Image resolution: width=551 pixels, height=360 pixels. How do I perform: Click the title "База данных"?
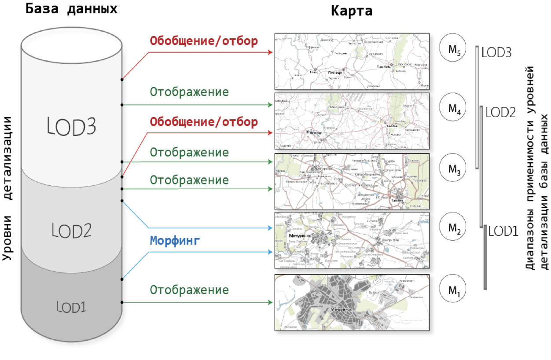pyautogui.click(x=71, y=9)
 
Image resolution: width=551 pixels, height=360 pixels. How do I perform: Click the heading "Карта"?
pyautogui.click(x=352, y=11)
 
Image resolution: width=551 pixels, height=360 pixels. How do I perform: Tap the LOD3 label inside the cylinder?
pyautogui.click(x=72, y=127)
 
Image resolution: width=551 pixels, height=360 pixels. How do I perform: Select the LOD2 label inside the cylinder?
pyautogui.click(x=71, y=230)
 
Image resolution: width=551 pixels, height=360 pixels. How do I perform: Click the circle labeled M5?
pyautogui.click(x=454, y=50)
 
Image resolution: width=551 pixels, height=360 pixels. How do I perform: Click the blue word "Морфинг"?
pyautogui.click(x=175, y=241)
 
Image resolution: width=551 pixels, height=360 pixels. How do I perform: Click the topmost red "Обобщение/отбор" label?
pyautogui.click(x=204, y=41)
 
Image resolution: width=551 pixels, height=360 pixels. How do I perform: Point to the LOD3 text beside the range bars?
pyautogui.click(x=496, y=53)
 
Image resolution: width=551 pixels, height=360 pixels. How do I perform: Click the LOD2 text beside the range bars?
pyautogui.click(x=500, y=112)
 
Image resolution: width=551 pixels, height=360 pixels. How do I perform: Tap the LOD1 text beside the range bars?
pyautogui.click(x=503, y=230)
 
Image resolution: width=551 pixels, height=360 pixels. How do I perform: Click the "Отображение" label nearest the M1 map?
pyautogui.click(x=189, y=290)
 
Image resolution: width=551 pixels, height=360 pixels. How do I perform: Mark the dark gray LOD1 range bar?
pyautogui.click(x=485, y=257)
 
